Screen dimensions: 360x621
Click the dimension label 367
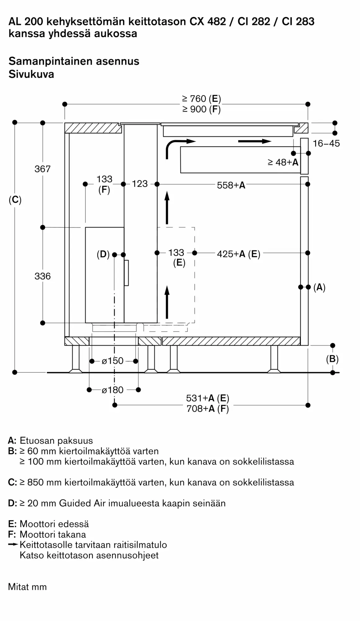point(43,169)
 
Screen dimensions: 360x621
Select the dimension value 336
point(43,276)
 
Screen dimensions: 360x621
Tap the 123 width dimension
point(140,184)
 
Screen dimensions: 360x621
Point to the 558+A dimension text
point(231,185)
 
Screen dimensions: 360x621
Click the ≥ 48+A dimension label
point(283,162)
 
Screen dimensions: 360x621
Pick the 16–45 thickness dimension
point(326,143)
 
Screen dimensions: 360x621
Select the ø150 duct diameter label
point(113,361)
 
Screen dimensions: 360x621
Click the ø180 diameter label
point(113,390)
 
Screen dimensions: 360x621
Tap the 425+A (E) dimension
point(238,254)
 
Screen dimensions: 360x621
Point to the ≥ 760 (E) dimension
point(201,99)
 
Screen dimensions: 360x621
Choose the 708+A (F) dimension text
point(208,409)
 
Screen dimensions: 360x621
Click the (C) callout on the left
point(15,200)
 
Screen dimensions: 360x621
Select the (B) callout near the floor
point(332,359)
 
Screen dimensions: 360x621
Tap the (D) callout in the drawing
point(103,255)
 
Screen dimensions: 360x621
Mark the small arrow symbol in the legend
point(13,544)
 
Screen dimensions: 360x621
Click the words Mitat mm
point(27,587)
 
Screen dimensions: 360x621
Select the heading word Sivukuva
point(31,74)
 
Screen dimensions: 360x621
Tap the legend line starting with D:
point(117,503)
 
